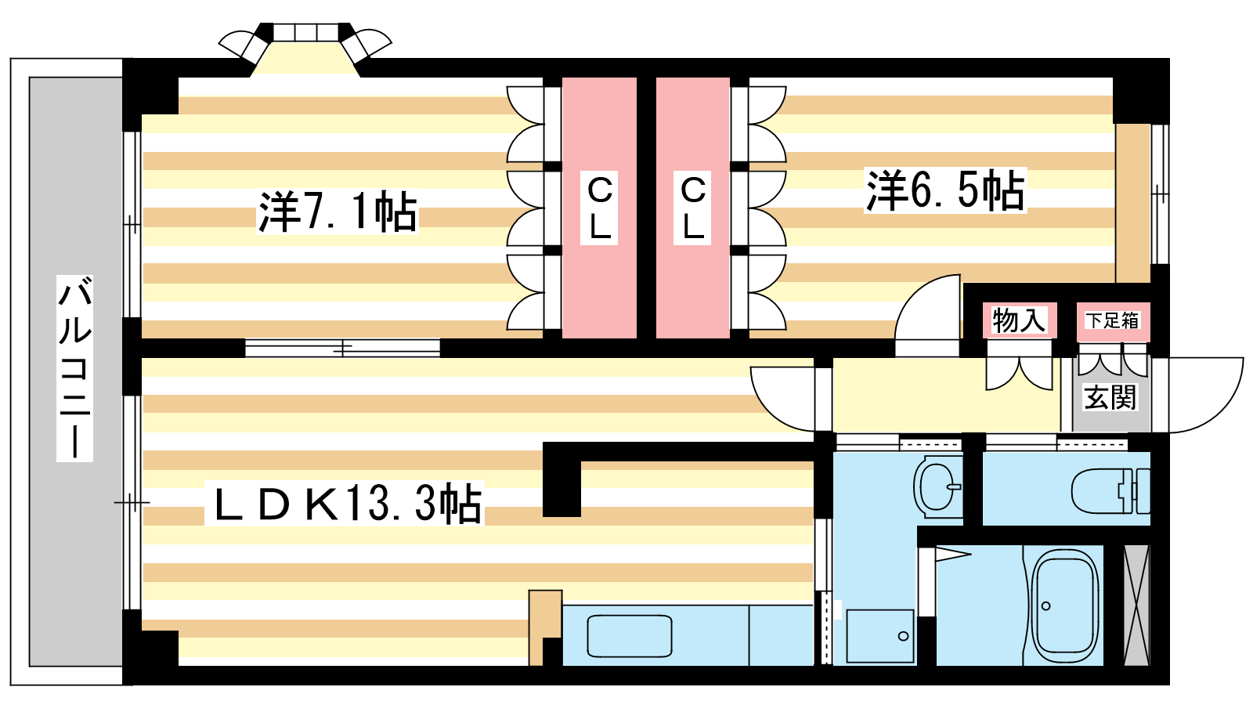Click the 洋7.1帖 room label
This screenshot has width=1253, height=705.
(338, 212)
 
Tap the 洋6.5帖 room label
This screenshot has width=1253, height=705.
(945, 190)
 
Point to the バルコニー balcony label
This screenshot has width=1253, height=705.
(74, 368)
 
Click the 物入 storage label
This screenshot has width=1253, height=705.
(1019, 320)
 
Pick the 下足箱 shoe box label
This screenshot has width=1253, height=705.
(1113, 320)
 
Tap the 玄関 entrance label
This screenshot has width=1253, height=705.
(1110, 398)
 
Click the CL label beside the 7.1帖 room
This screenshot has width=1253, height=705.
(600, 207)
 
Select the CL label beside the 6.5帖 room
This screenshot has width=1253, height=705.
(693, 207)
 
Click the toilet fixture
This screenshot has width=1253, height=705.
(1110, 491)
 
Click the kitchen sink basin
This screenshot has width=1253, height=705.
(630, 635)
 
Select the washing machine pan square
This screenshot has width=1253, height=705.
(880, 636)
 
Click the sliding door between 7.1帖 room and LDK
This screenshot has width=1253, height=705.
(342, 348)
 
